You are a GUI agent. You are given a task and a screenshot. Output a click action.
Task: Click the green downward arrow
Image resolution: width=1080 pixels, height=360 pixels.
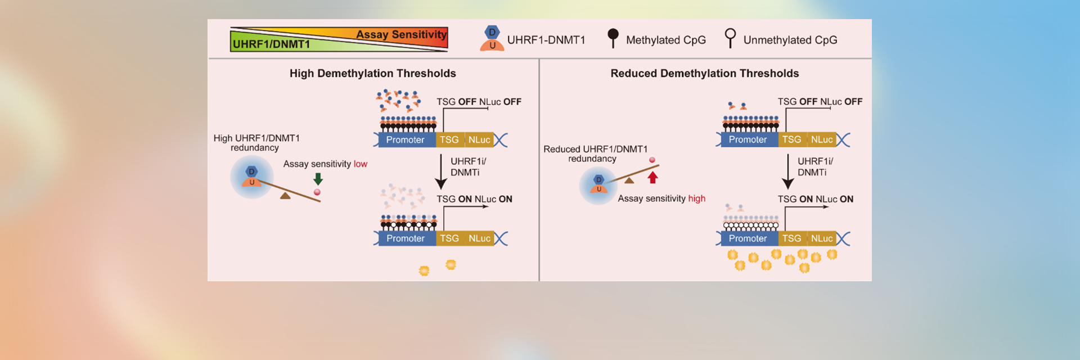pyautogui.click(x=318, y=179)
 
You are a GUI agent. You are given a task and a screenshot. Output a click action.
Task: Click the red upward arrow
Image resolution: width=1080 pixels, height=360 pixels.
pyautogui.click(x=652, y=177)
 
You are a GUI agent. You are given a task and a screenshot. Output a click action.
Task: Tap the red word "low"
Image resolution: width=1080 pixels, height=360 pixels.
pyautogui.click(x=360, y=164)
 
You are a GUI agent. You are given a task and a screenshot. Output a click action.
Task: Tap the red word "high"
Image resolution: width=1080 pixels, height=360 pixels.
pyautogui.click(x=696, y=199)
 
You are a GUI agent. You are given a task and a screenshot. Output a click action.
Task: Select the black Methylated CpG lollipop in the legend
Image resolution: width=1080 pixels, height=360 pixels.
pyautogui.click(x=613, y=37)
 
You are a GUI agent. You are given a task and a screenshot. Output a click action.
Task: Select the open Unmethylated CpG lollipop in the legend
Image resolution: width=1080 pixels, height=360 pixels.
pyautogui.click(x=730, y=37)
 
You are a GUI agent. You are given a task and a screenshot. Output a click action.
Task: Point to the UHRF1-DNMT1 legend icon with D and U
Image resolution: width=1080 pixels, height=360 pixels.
pyautogui.click(x=492, y=39)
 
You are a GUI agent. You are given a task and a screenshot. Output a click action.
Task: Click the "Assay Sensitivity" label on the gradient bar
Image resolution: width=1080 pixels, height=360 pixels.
pyautogui.click(x=401, y=34)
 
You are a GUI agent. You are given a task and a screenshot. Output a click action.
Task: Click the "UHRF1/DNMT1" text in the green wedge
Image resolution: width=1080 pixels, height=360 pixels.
pyautogui.click(x=271, y=44)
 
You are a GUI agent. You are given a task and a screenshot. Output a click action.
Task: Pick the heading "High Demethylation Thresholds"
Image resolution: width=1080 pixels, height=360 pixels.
pyautogui.click(x=372, y=74)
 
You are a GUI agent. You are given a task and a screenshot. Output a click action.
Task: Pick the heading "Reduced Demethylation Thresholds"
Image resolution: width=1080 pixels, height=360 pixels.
pyautogui.click(x=704, y=74)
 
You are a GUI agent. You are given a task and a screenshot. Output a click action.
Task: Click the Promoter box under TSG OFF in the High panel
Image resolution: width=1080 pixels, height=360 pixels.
pyautogui.click(x=405, y=140)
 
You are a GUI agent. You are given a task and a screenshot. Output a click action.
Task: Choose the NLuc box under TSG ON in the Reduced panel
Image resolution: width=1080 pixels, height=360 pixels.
pyautogui.click(x=822, y=238)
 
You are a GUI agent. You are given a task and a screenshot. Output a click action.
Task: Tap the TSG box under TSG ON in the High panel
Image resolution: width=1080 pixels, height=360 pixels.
pyautogui.click(x=449, y=238)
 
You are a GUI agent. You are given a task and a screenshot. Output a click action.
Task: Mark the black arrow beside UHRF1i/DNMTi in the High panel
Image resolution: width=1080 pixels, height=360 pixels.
pyautogui.click(x=441, y=172)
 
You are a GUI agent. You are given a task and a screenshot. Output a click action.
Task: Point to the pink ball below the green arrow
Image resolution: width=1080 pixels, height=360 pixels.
pyautogui.click(x=317, y=192)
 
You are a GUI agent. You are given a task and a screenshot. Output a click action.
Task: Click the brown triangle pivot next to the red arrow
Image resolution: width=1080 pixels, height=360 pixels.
pyautogui.click(x=629, y=181)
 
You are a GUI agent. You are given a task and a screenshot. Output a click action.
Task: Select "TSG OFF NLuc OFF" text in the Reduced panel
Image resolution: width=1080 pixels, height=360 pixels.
pyautogui.click(x=820, y=102)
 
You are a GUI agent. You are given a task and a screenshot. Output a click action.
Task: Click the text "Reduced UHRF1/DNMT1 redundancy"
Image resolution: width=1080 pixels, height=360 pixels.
pyautogui.click(x=595, y=154)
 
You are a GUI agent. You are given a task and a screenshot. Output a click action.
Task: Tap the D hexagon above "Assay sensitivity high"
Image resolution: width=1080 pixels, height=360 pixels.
pyautogui.click(x=598, y=179)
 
